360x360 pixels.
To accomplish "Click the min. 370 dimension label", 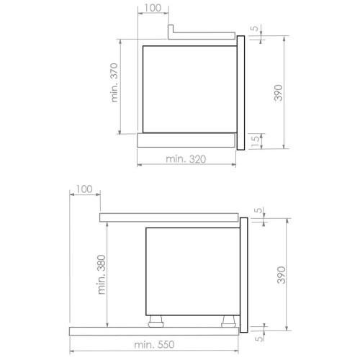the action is (x=114, y=83).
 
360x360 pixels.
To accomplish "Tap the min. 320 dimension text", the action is (x=186, y=159).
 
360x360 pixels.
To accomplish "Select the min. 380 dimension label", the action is (x=102, y=274).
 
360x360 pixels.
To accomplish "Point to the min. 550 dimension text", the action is (x=154, y=345).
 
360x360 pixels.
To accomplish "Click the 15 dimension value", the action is (x=256, y=141).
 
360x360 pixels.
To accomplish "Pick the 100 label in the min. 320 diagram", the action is (x=153, y=8).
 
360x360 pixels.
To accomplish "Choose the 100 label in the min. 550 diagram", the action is (x=84, y=189).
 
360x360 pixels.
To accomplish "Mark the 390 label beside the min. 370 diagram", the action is (x=279, y=93).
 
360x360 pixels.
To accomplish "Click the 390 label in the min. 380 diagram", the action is (x=282, y=275).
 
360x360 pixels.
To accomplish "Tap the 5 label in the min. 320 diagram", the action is (x=256, y=28).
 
